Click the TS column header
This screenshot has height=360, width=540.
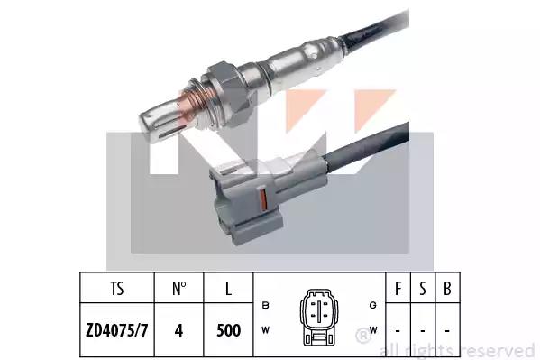117,289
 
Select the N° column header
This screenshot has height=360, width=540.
179,289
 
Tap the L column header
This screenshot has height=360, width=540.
228,289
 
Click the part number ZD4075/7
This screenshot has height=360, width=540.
117,330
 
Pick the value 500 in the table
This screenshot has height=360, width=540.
228,330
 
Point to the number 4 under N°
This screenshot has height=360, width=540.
178,330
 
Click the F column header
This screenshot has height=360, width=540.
398,289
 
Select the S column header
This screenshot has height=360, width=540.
423,289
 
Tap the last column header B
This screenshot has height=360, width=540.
447,289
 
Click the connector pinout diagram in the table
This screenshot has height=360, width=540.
319,318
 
